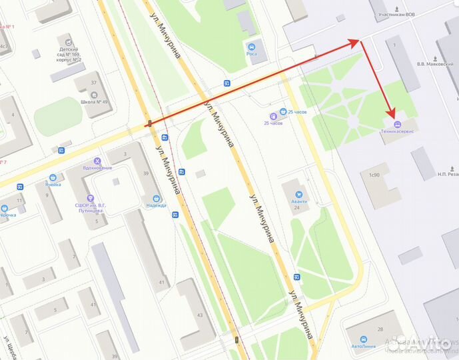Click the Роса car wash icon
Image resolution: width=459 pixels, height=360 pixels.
pyautogui.click(x=252, y=47)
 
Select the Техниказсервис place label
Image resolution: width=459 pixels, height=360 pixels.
pyautogui.click(x=397, y=132)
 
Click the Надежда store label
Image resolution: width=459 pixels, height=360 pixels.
pyautogui.click(x=156, y=205)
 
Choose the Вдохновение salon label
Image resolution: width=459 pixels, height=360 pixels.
pyautogui.click(x=98, y=168)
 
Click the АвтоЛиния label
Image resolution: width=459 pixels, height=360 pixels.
pyautogui.click(x=365, y=347)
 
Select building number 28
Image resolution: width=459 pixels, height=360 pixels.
pyautogui.click(x=380, y=329)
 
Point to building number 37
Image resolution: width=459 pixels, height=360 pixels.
pyautogui.click(x=94, y=83)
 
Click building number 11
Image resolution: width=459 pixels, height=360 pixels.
pyautogui.click(x=21, y=200)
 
